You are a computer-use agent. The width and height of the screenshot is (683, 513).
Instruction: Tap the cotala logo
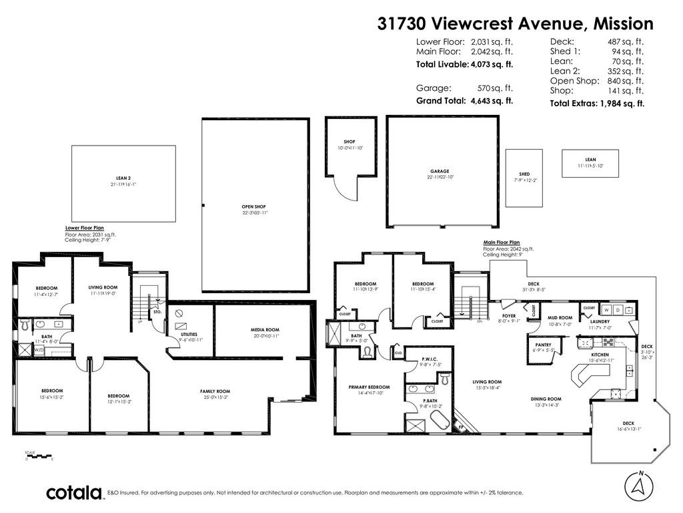[x=73, y=493]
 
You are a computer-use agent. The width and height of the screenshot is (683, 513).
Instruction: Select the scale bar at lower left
[x=39, y=456]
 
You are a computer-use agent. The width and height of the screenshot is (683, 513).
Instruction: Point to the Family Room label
[x=215, y=391]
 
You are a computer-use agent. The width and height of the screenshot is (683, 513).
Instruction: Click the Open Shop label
[x=254, y=207]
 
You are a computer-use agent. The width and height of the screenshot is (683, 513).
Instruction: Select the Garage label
[x=439, y=171]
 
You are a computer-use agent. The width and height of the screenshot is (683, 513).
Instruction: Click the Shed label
[x=524, y=174]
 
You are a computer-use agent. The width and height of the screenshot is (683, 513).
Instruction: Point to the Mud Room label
[x=560, y=318]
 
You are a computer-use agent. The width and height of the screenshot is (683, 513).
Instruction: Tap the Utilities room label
[x=189, y=334]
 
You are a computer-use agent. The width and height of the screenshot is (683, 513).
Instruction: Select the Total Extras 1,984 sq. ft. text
[x=596, y=104]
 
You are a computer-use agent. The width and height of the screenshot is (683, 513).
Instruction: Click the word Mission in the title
[x=623, y=23]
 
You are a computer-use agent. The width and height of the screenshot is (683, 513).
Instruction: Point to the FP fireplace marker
[x=460, y=425]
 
